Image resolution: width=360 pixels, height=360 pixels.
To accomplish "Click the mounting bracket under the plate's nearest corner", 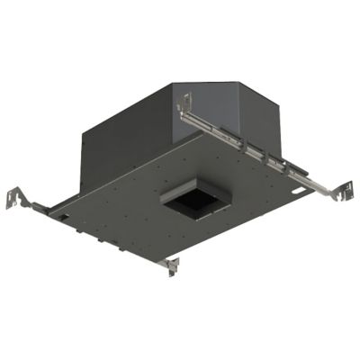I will tap(168, 265).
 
